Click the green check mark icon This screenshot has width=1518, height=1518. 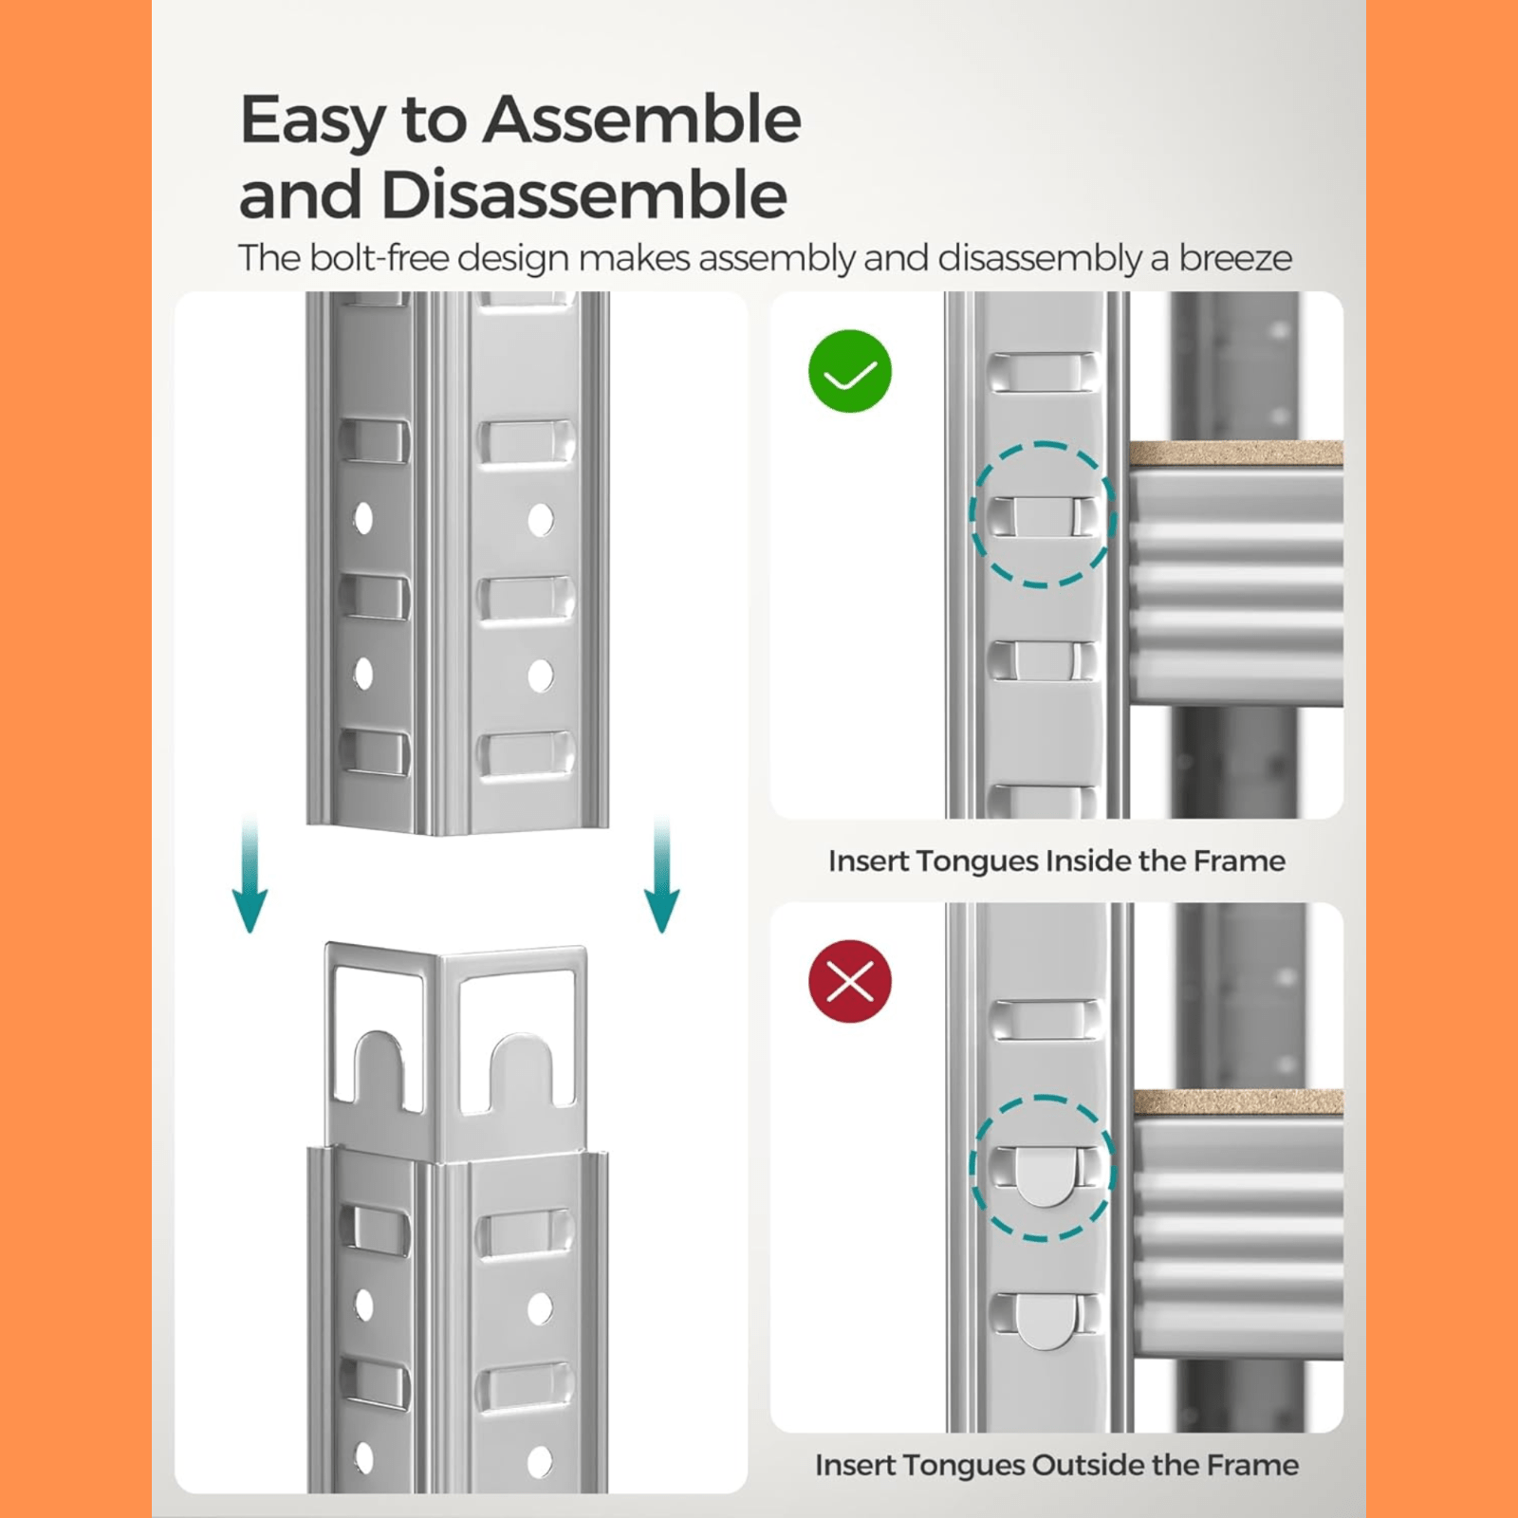coord(849,371)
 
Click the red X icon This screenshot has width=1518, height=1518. coord(849,981)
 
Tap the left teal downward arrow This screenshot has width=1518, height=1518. coord(250,873)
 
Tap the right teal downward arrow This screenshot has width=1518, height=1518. coord(662,873)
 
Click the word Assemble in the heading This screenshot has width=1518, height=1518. coord(641,120)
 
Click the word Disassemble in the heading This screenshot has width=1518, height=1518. coord(583,194)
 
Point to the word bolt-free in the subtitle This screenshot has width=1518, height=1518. coord(379,258)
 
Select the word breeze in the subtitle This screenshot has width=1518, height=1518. coord(1235,258)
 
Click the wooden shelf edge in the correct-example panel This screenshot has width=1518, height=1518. coord(1235,454)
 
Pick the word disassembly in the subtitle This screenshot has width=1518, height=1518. coord(1040,258)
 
